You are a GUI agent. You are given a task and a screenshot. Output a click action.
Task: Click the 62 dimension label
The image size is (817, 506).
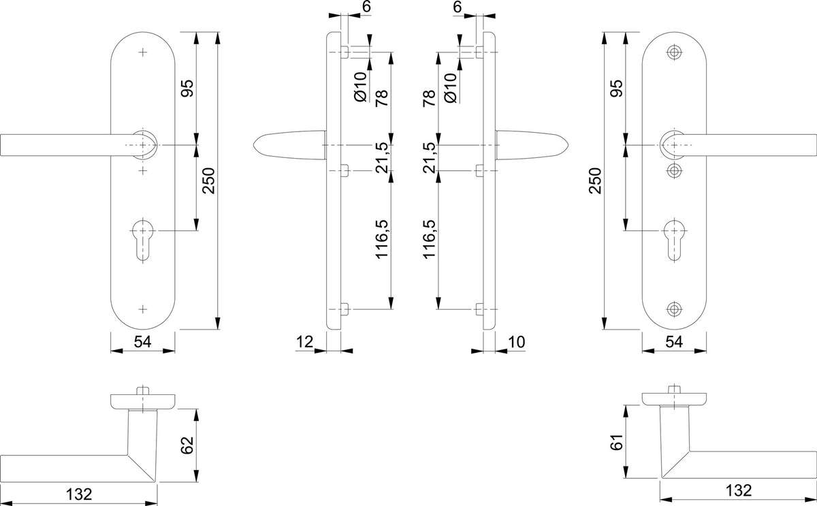tap(187, 445)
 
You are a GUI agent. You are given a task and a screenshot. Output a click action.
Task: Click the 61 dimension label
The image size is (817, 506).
tap(617, 442)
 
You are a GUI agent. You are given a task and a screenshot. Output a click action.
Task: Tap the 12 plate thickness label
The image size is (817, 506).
tap(304, 342)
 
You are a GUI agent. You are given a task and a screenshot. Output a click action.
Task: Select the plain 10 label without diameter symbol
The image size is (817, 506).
tap(517, 342)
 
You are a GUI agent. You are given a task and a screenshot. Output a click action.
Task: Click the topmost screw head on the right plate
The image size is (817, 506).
tap(675, 52)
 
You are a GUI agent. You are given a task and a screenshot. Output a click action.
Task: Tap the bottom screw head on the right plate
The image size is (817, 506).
tap(675, 309)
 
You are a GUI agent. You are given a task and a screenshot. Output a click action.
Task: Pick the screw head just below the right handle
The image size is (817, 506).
tap(675, 170)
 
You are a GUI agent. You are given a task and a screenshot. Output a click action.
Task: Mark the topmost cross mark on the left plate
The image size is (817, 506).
tap(142, 52)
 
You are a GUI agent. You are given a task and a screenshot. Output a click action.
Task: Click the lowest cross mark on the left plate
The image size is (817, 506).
tap(142, 309)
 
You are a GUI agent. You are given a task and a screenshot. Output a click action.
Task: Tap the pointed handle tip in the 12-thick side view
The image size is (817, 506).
tap(255, 145)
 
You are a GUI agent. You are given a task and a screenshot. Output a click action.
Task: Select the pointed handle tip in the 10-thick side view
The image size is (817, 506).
tap(567, 145)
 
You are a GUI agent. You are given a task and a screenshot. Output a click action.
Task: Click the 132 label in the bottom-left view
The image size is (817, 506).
tap(79, 494)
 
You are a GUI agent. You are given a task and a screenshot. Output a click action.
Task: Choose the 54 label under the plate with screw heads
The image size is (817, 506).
tap(674, 342)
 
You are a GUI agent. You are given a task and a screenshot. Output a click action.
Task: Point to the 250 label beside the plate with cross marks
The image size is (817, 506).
tap(209, 180)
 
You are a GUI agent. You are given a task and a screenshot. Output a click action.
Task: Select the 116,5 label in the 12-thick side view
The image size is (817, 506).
tap(382, 239)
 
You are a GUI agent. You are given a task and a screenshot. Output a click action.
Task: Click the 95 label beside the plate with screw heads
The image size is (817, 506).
tap(617, 89)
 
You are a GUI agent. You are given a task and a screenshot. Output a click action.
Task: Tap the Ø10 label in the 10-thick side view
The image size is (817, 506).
tap(451, 88)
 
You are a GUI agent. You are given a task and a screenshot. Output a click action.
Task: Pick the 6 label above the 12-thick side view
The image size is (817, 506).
tap(366, 6)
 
